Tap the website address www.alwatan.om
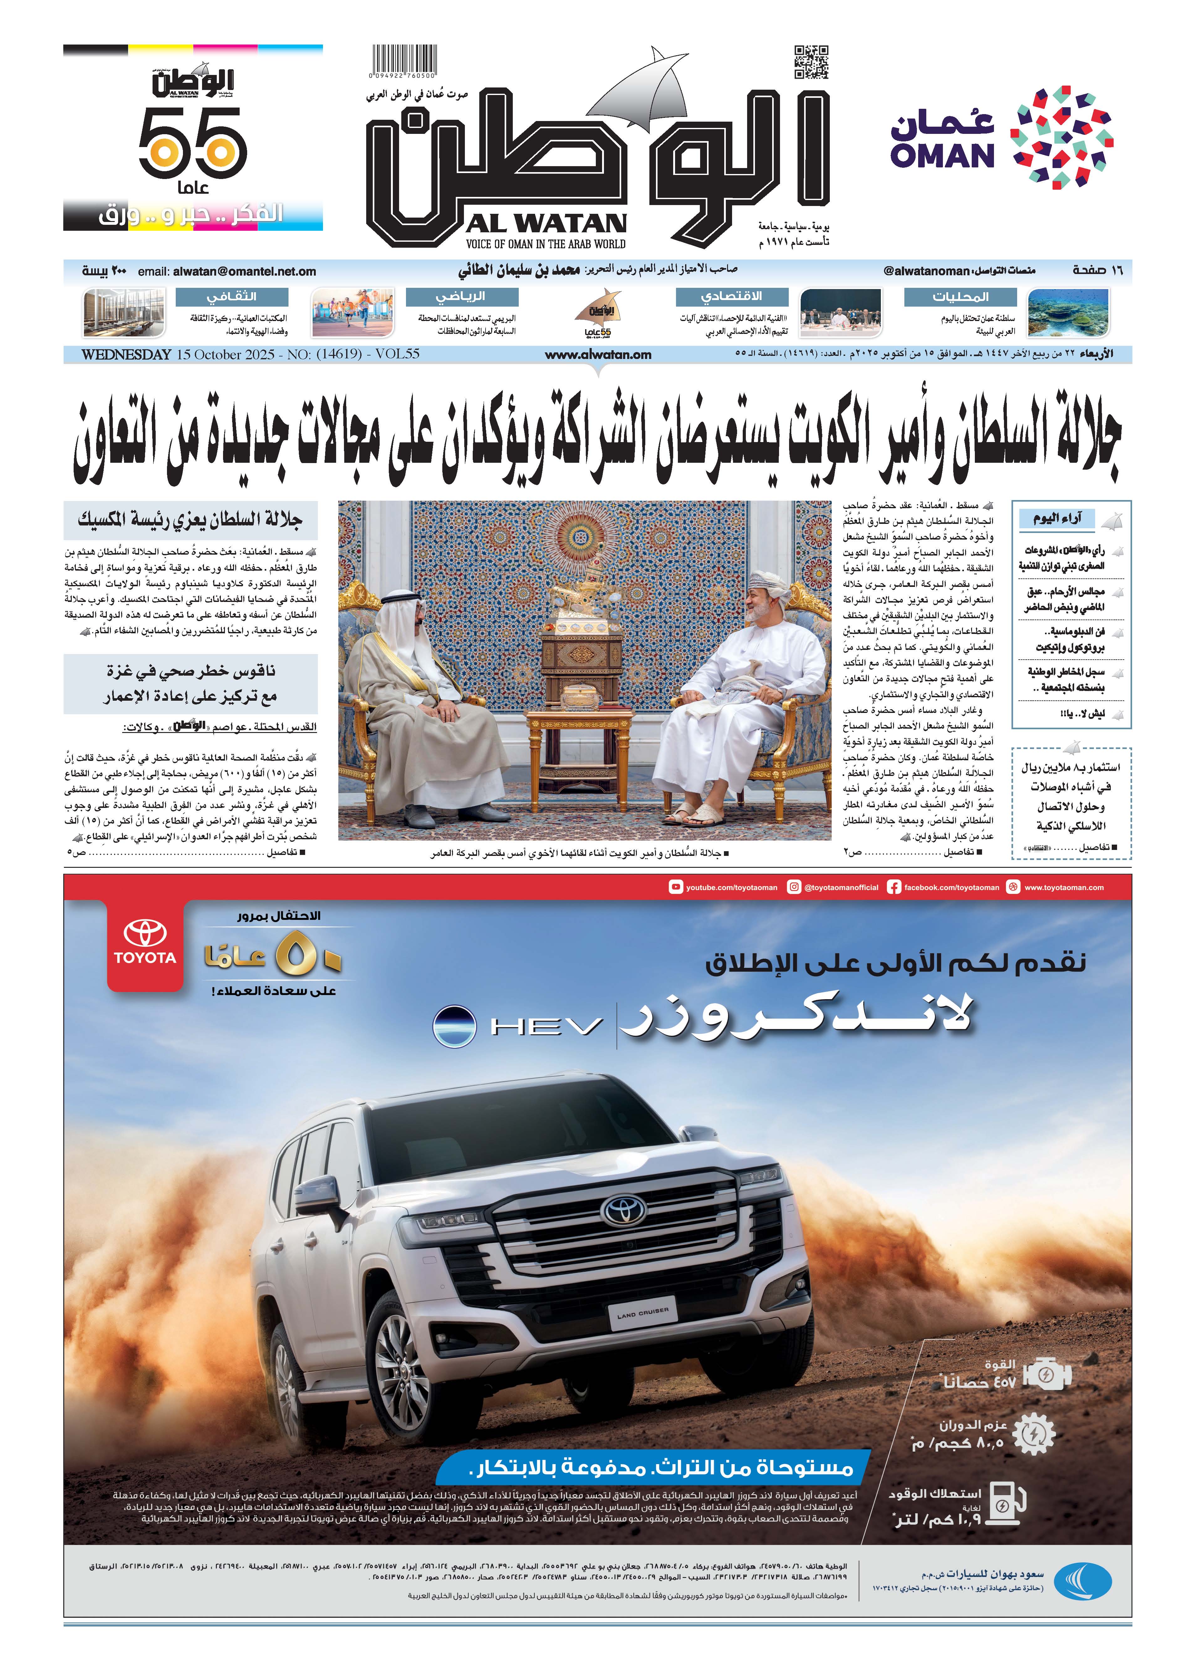point(598,355)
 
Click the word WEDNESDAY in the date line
point(126,355)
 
